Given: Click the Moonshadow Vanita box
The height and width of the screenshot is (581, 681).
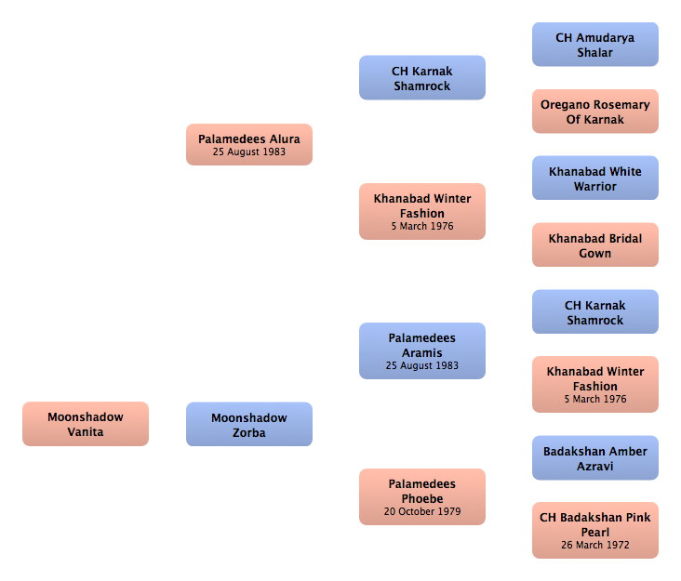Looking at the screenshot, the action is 86,424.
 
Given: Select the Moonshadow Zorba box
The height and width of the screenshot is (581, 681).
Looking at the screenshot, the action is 249,424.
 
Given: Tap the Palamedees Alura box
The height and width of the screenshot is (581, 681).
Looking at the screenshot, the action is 249,144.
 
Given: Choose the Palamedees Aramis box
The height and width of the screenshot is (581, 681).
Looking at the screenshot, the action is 422,350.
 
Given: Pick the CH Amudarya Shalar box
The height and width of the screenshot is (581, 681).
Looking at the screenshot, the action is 595,45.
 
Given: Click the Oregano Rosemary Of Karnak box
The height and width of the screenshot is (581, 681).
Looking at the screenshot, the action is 595,112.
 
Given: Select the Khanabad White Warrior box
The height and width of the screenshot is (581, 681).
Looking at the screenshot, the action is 595,178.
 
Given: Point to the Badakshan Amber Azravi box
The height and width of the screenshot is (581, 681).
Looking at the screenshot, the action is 595,457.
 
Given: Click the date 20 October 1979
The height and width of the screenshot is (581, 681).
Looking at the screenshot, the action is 422,511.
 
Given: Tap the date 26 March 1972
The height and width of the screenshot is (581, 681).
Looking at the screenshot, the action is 595,545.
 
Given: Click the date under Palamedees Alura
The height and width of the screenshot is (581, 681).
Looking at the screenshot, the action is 249,152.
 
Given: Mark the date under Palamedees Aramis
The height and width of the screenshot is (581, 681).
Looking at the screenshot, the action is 422,365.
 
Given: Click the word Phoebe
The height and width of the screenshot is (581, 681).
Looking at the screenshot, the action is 422,498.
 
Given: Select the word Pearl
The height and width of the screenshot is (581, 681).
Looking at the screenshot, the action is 595,532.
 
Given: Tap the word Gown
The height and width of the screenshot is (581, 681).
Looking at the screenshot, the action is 595,254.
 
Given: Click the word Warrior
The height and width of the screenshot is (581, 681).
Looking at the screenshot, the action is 595,187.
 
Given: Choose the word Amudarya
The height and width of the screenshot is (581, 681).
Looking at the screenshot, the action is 606,38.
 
